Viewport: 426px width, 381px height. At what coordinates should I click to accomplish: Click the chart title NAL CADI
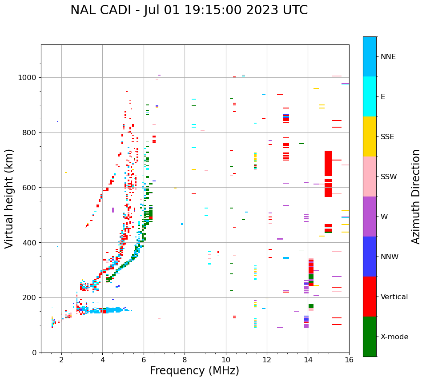point(189,10)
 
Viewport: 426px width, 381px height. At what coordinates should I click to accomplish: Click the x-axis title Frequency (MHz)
point(194,371)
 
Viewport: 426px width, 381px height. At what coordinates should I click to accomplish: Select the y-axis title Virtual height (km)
point(9,198)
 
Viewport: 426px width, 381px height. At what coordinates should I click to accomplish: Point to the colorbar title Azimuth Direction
point(416,197)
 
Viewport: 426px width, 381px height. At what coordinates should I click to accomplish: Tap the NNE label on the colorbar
point(388,57)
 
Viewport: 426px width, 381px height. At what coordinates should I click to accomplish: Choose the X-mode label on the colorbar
point(394,337)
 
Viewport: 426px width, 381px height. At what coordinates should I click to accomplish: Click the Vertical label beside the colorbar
point(394,297)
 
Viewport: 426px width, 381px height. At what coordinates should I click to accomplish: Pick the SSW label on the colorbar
point(389,177)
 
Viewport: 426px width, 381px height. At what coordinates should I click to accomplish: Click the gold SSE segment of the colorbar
point(370,136)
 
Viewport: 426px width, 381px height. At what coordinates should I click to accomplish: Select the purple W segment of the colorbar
point(370,217)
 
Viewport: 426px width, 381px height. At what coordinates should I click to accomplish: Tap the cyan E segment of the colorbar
point(370,96)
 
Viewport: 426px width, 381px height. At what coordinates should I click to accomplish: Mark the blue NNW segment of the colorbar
point(370,257)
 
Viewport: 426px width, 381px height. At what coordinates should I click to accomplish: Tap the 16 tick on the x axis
point(349,360)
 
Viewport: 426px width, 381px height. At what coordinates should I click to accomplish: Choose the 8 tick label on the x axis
point(185,360)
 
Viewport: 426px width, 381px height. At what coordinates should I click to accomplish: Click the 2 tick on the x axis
point(61,360)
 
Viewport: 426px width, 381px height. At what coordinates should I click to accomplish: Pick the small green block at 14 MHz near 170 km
point(311,306)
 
